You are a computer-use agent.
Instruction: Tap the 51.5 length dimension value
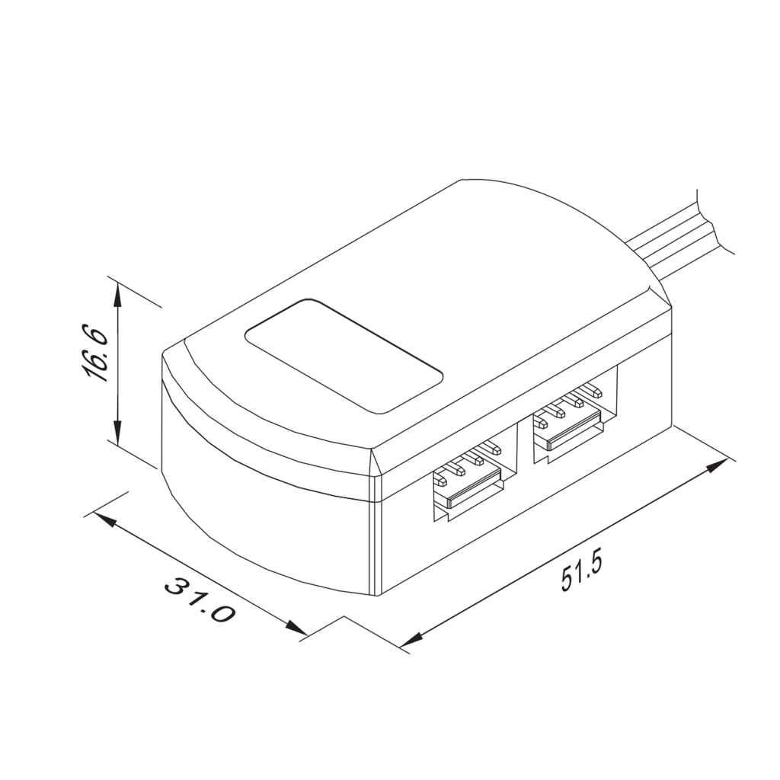point(582,571)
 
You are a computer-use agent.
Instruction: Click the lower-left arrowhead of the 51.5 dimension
point(411,642)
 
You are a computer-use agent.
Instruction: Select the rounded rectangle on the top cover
point(344,355)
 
